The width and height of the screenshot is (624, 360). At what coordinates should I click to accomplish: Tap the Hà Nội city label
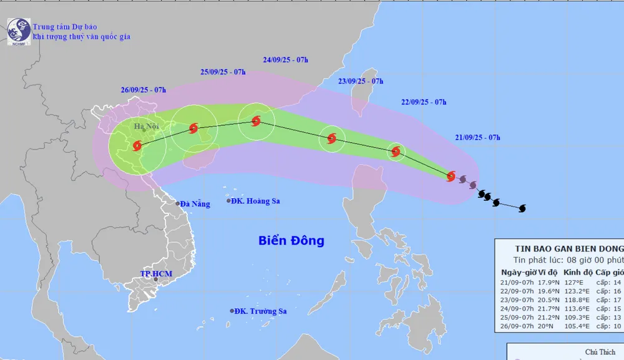pyautogui.click(x=147, y=127)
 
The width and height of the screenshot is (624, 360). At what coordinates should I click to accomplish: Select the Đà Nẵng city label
pyautogui.click(x=193, y=203)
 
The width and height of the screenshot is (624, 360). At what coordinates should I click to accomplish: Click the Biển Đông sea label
pyautogui.click(x=291, y=240)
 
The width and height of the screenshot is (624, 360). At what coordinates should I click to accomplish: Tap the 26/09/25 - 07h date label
pyautogui.click(x=144, y=90)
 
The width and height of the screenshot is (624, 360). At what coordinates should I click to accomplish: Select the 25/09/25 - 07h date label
pyautogui.click(x=223, y=72)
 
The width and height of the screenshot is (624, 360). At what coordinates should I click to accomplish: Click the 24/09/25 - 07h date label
pyautogui.click(x=286, y=61)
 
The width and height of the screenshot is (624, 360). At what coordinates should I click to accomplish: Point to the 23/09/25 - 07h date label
pyautogui.click(x=361, y=82)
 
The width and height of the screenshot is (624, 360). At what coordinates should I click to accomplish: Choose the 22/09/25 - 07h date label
pyautogui.click(x=424, y=102)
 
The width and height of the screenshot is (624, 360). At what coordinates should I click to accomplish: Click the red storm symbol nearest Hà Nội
pyautogui.click(x=137, y=146)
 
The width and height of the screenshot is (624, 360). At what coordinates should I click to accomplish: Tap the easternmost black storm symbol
pyautogui.click(x=522, y=208)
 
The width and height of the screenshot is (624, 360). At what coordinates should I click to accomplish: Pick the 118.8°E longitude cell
pyautogui.click(x=577, y=299)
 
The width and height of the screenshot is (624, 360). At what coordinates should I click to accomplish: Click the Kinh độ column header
pyautogui.click(x=577, y=273)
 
